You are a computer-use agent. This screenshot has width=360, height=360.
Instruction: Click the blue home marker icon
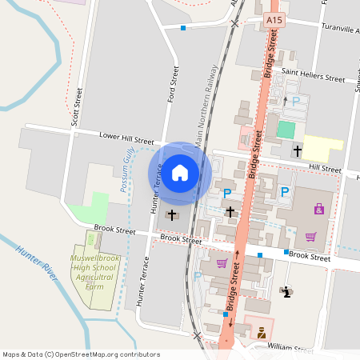coord(180,172)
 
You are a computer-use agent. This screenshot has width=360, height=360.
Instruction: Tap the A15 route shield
coord(275,19)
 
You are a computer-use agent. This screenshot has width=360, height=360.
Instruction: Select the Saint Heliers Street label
coord(316,79)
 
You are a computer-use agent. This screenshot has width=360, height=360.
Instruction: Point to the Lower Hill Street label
coord(126,138)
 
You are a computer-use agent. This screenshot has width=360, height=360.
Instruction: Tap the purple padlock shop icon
coord(319,209)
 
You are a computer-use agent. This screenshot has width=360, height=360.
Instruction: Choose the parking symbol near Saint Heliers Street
coord(296,102)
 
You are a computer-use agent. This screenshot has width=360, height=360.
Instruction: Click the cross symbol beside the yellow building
coord(298,150)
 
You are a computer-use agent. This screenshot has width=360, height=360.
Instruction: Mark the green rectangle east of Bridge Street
coord(286,128)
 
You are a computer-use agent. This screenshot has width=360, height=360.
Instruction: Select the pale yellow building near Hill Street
coord(322,147)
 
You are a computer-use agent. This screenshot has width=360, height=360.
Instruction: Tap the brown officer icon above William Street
coord(261,335)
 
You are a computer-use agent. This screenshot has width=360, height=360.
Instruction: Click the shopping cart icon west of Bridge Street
coord(222,263)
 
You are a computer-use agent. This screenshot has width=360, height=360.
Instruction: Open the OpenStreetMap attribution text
coord(80,354)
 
